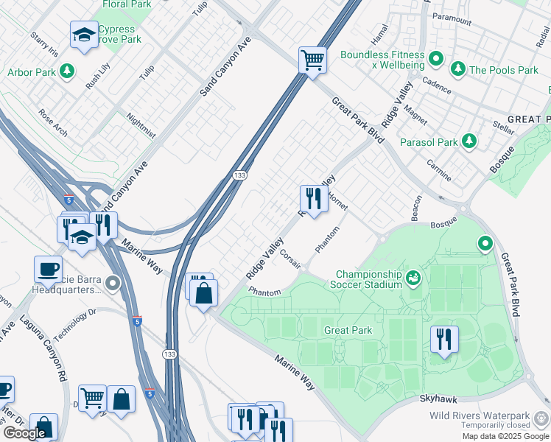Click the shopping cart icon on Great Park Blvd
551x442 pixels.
[x=312, y=60]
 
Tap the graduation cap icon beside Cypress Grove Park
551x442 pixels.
[x=84, y=35]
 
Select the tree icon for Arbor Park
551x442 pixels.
[x=68, y=71]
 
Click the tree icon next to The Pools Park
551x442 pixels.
[x=458, y=69]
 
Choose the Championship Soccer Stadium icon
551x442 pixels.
[x=414, y=278]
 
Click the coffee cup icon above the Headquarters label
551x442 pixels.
[x=48, y=269]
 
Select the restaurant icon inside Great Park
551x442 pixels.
[x=444, y=340]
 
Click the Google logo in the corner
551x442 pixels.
[x=25, y=433]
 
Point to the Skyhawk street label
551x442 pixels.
[x=439, y=398]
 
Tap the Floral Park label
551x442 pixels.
[x=130, y=4]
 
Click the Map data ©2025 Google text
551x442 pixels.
[x=504, y=436]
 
